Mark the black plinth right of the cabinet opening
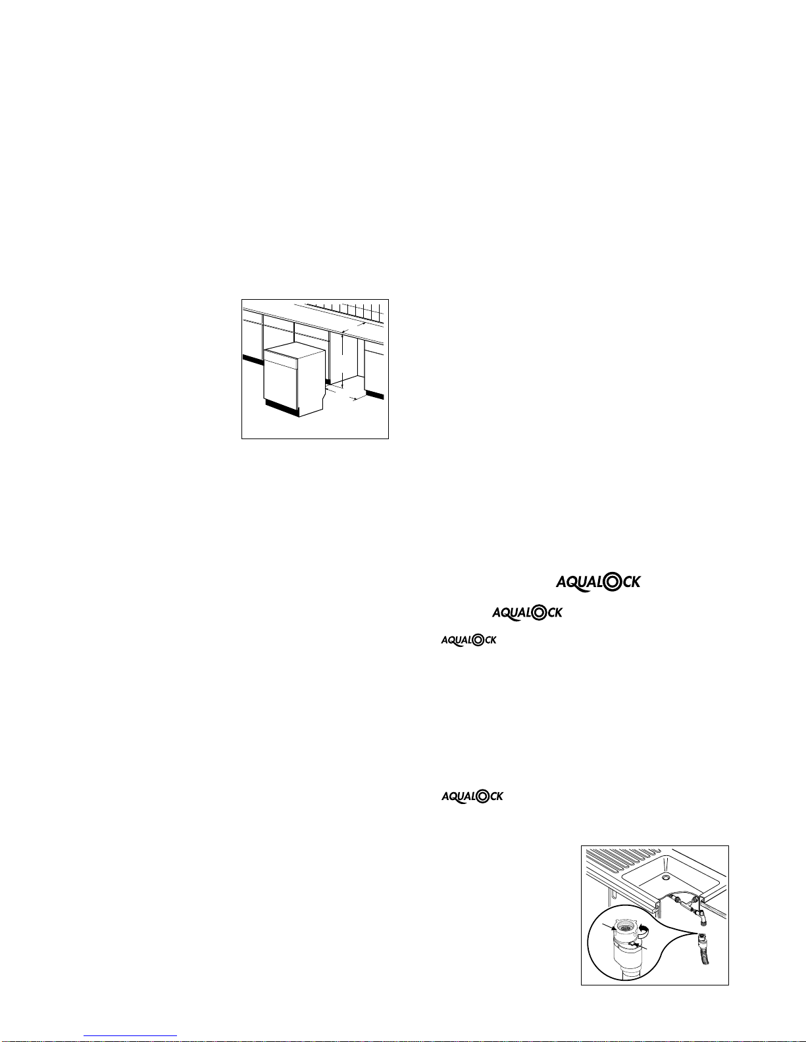[375, 394]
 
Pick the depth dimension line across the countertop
[353, 327]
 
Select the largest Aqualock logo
[598, 582]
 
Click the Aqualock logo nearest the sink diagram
[472, 796]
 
